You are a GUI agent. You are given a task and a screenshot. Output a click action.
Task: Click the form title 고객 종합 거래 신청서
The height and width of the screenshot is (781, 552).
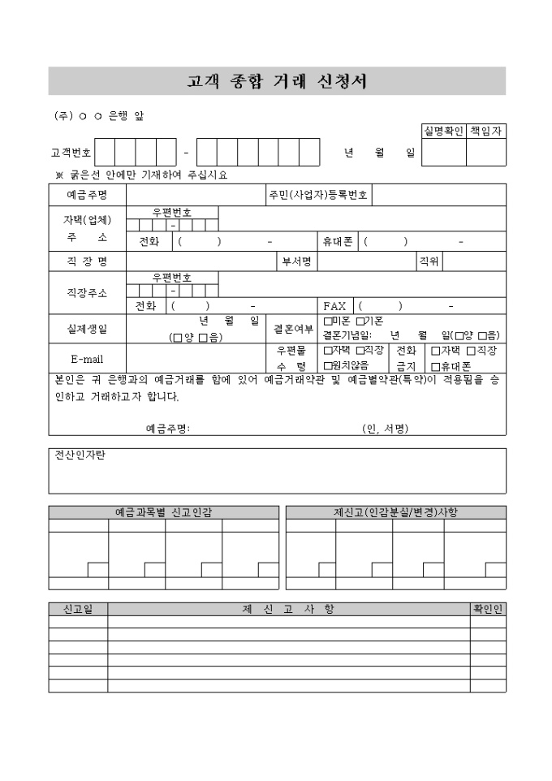click(x=277, y=81)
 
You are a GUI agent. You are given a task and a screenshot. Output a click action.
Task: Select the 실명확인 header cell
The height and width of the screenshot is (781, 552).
click(x=443, y=131)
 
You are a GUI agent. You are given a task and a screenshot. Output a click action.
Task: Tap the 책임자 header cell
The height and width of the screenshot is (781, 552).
click(x=486, y=131)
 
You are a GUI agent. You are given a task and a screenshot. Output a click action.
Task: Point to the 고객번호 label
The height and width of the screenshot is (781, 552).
click(x=71, y=152)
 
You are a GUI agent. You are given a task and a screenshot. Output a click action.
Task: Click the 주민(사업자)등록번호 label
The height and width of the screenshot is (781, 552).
click(x=317, y=196)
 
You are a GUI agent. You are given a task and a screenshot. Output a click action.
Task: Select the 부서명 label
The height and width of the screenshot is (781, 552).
click(x=296, y=261)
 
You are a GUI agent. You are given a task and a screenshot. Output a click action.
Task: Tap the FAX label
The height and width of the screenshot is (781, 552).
click(x=334, y=306)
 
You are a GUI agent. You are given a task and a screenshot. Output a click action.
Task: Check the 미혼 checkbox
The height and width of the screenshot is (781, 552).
click(x=327, y=321)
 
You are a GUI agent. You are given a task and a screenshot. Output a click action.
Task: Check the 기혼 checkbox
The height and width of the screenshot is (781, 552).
click(x=360, y=321)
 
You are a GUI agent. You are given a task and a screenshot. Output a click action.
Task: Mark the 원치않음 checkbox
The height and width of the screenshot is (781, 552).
click(x=327, y=366)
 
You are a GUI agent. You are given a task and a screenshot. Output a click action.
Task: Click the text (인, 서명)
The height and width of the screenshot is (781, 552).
click(x=385, y=429)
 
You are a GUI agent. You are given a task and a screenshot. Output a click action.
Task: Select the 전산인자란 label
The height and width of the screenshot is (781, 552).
click(x=80, y=455)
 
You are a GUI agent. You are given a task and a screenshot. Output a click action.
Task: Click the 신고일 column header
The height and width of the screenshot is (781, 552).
click(x=78, y=609)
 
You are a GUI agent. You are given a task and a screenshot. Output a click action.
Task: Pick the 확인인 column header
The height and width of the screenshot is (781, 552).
click(x=488, y=609)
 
